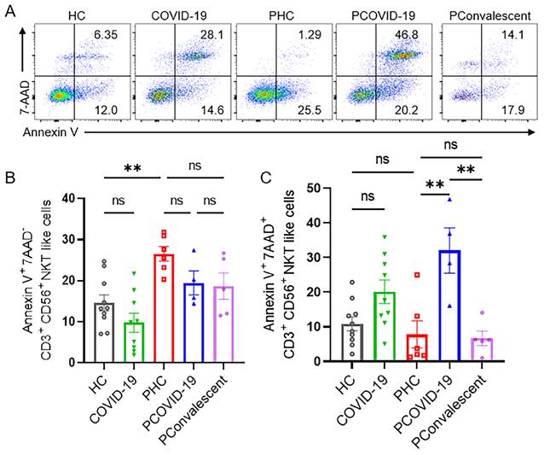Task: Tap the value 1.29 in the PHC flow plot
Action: tap(315, 34)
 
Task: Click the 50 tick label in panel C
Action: tap(325, 187)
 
